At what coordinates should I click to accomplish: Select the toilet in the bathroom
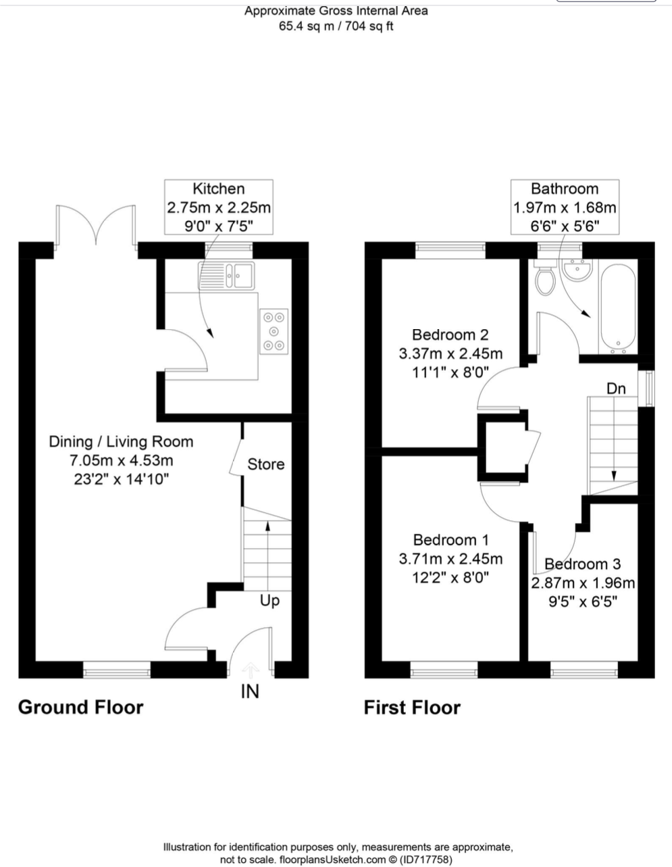tap(543, 279)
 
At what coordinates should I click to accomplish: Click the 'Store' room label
tap(265, 464)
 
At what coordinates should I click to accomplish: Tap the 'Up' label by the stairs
tap(269, 600)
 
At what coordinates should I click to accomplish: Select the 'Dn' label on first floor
tap(615, 389)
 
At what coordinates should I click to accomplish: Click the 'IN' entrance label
tap(250, 691)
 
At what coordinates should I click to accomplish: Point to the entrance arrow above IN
tap(250, 670)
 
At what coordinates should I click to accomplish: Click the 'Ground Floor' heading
tap(80, 708)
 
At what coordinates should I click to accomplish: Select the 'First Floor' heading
tap(412, 708)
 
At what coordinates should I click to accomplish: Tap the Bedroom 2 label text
tap(450, 335)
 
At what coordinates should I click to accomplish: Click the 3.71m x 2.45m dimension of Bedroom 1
tap(450, 559)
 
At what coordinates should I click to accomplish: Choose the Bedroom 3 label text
tap(582, 564)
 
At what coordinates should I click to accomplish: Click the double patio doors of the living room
tap(97, 224)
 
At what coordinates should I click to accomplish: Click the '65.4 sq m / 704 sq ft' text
tap(336, 26)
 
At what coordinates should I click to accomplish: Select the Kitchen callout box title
tap(219, 189)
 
